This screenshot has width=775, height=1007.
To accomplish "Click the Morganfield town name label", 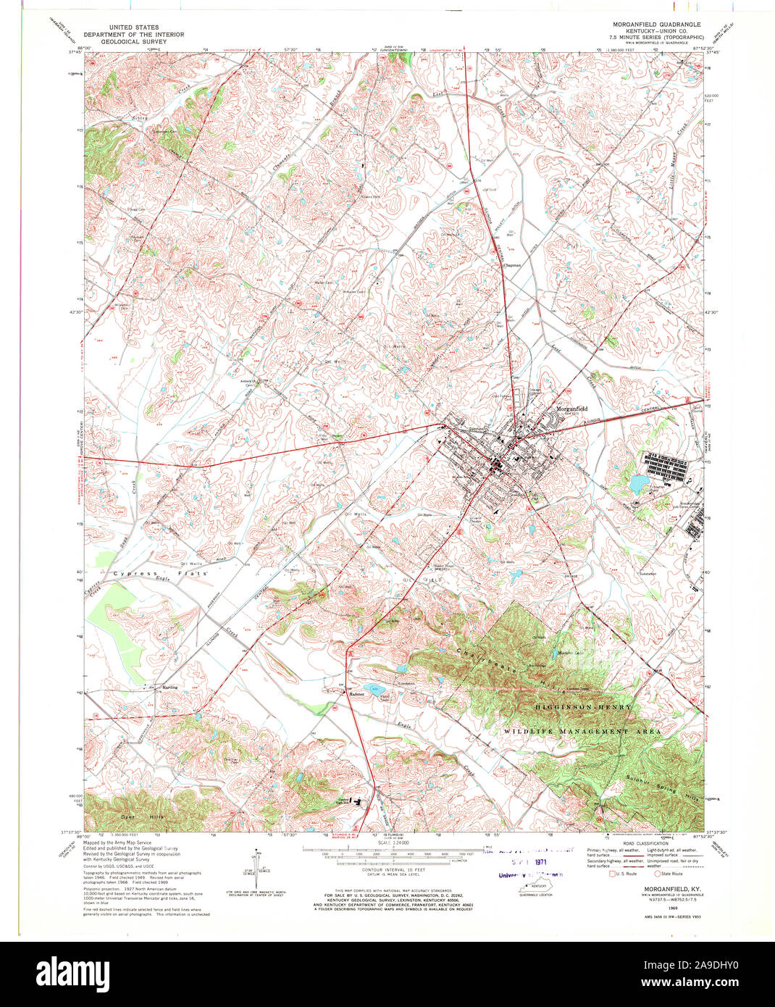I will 571,409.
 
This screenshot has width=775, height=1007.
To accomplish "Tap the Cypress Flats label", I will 160,573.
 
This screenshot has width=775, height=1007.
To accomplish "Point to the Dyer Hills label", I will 143,816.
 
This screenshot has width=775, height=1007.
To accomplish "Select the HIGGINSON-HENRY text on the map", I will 584,706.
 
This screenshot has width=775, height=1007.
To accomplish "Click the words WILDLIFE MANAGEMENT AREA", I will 582,732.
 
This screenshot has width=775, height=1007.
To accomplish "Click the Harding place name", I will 169,687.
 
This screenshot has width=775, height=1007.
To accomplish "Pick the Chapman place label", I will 512,265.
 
